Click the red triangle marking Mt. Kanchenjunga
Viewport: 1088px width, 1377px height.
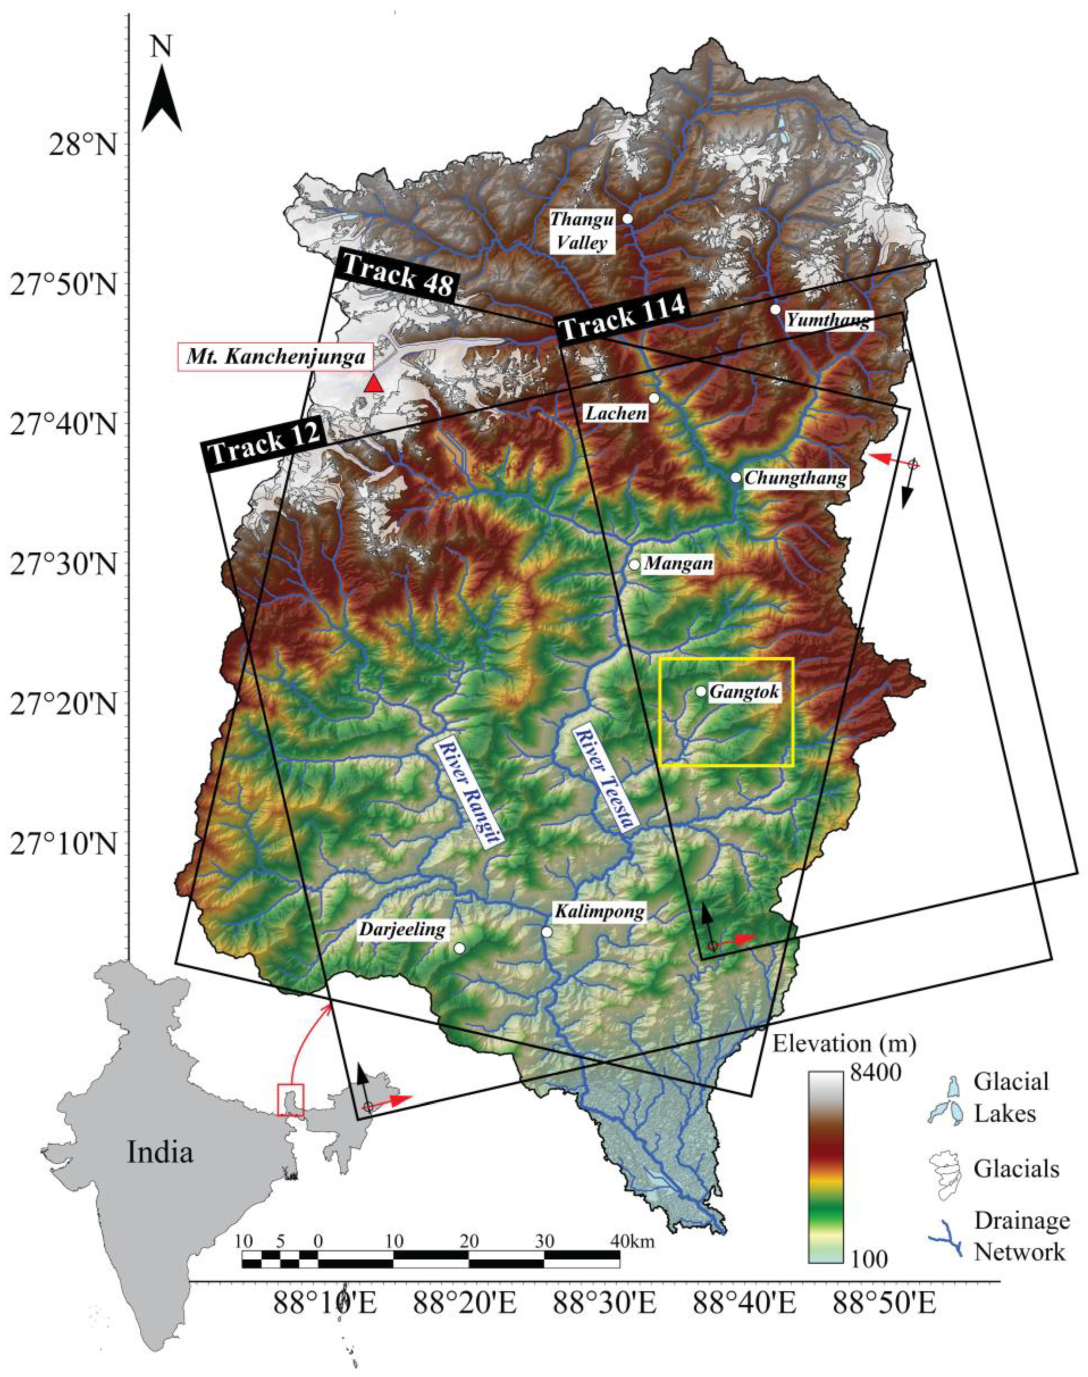pos(374,384)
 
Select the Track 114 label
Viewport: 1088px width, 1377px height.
pos(623,317)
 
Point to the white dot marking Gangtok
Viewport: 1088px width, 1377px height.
pos(701,691)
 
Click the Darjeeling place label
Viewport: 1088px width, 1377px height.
pos(402,929)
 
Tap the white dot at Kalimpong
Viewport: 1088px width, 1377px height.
pos(547,932)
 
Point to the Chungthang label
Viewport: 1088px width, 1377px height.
pos(796,478)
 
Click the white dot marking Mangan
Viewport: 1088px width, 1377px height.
pos(634,565)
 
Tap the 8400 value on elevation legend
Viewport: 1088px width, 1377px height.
pos(875,1074)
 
